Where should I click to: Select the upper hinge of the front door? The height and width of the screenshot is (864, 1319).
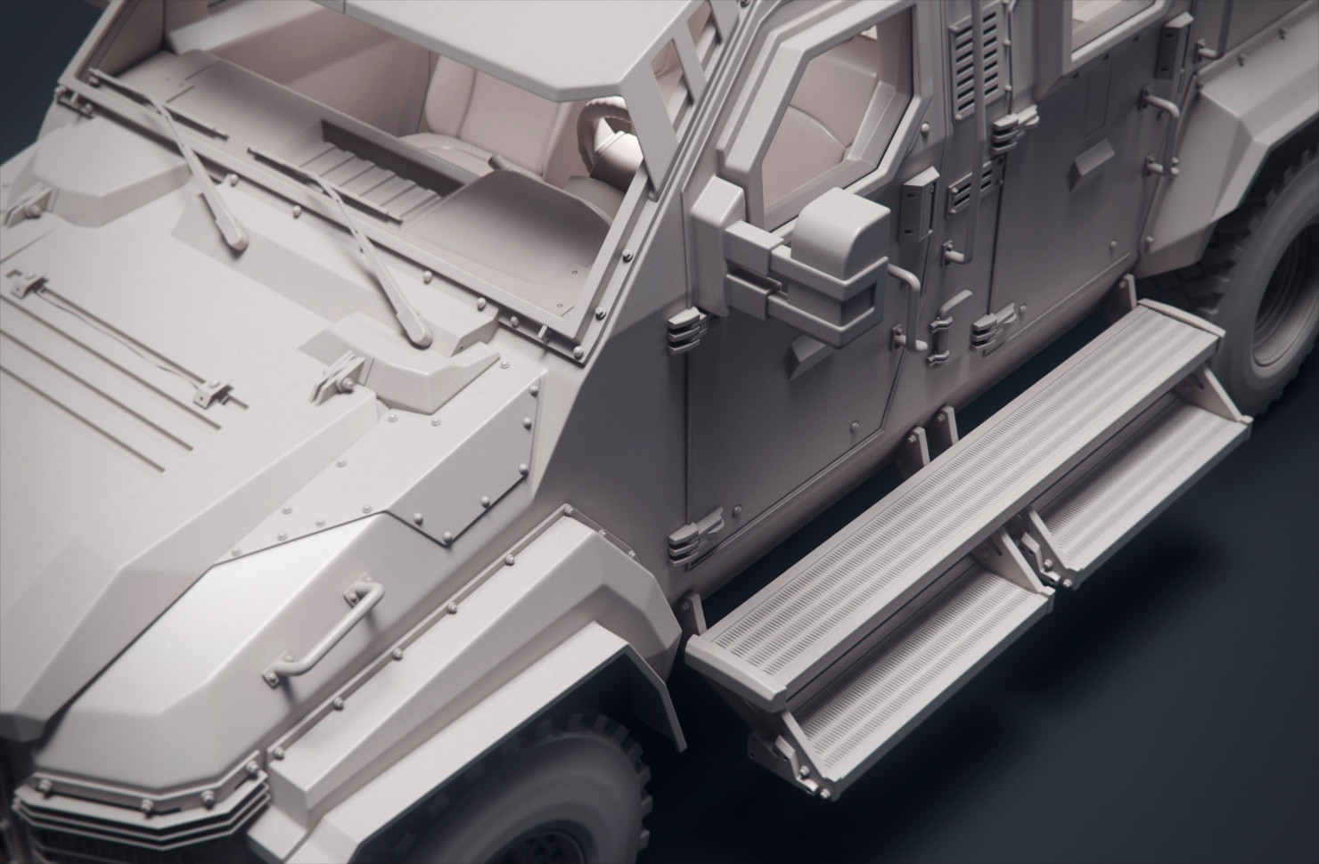[x=681, y=330]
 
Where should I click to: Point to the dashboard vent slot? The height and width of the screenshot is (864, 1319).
[x=392, y=160]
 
